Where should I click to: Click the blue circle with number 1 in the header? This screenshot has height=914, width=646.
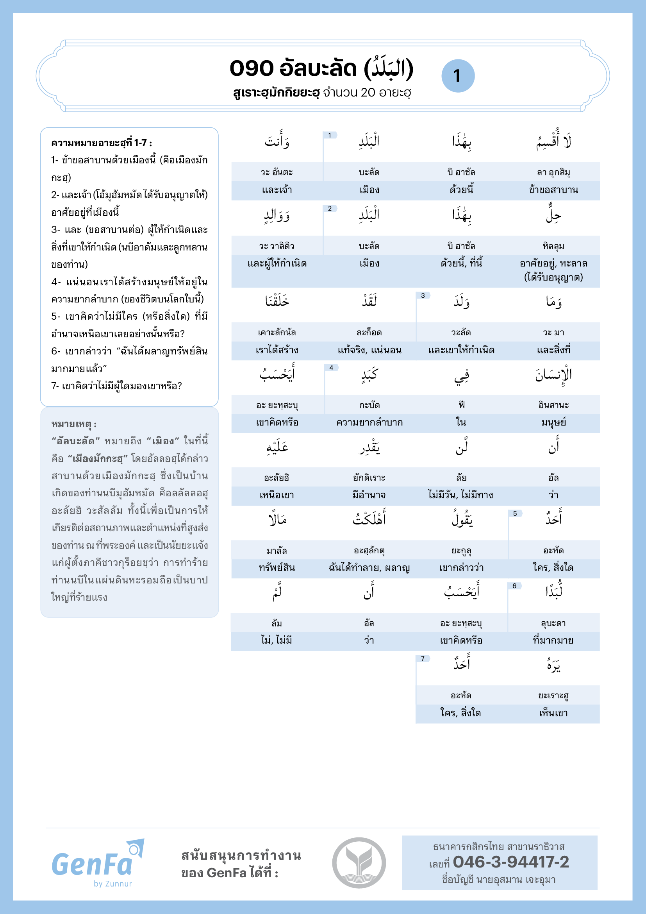(x=458, y=76)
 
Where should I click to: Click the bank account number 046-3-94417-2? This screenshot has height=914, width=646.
(x=511, y=862)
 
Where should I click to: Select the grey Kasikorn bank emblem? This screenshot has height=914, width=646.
(x=359, y=863)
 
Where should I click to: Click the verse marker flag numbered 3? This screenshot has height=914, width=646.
(x=423, y=296)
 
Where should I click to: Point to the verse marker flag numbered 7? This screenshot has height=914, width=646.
(x=423, y=659)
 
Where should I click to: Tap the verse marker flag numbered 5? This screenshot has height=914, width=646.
(x=515, y=514)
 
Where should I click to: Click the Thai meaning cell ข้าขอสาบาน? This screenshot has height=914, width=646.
(x=553, y=190)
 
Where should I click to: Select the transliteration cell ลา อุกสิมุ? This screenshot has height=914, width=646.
(x=553, y=172)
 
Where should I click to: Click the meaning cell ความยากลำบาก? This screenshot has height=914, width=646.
(x=369, y=423)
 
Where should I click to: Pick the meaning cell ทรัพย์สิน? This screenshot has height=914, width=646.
(x=277, y=568)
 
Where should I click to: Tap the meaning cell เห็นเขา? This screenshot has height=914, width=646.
(x=553, y=714)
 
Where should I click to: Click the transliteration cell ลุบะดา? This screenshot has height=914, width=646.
(x=553, y=623)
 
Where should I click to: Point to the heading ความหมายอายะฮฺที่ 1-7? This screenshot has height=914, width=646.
(x=102, y=143)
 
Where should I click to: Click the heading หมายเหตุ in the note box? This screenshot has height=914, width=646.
(x=74, y=424)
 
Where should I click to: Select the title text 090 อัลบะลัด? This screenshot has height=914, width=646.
(x=293, y=68)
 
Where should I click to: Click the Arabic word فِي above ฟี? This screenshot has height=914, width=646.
(x=461, y=375)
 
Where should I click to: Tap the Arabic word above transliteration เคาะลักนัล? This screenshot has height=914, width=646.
(x=277, y=301)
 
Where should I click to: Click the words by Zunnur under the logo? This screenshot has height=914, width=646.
(x=112, y=884)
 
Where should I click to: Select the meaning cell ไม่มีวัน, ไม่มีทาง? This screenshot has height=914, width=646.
(x=460, y=495)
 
